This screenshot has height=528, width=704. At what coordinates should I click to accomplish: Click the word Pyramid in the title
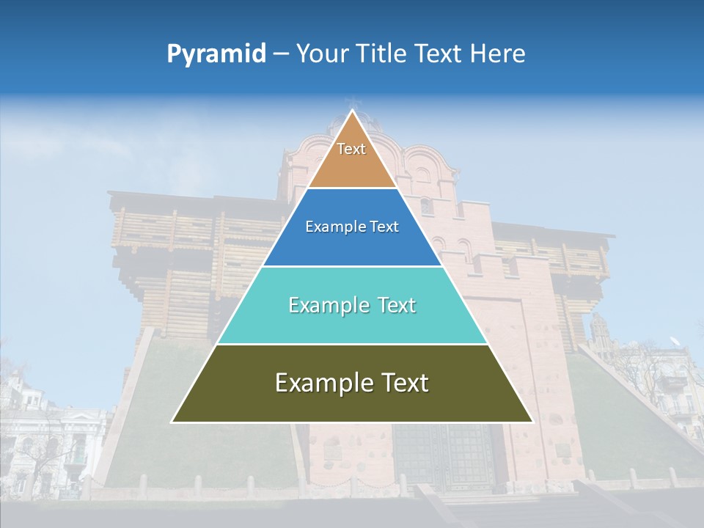click(216, 54)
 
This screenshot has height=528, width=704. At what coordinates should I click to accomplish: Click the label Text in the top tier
click(351, 149)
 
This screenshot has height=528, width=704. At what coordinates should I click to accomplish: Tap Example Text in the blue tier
click(352, 227)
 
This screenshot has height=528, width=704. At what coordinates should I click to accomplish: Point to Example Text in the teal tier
click(352, 305)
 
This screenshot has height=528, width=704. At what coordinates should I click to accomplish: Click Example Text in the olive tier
click(352, 383)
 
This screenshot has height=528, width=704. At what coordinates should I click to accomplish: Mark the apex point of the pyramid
click(352, 111)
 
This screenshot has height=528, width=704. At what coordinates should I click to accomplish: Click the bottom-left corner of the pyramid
click(172, 422)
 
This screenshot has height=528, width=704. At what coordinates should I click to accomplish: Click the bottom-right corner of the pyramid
click(532, 422)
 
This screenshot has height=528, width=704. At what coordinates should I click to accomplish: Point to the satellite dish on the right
click(675, 341)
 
